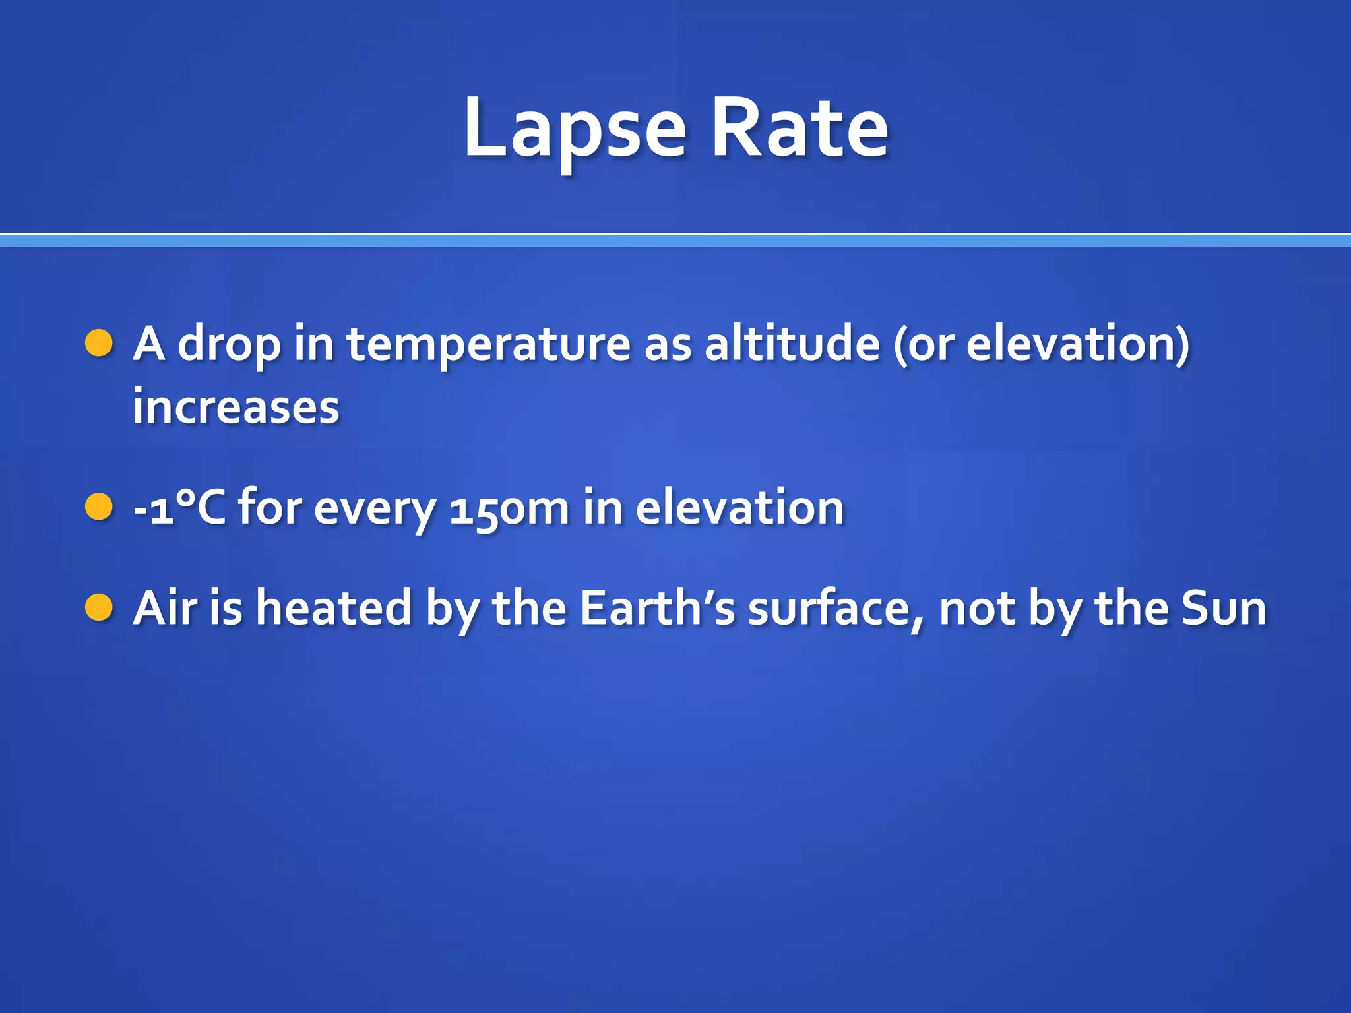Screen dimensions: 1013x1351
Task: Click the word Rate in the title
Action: [x=800, y=129]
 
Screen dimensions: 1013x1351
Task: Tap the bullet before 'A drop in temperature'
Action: [x=100, y=344]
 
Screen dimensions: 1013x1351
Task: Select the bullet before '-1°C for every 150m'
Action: [x=100, y=507]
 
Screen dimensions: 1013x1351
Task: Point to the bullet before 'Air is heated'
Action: [x=100, y=607]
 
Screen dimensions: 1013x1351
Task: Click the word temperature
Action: [x=489, y=345]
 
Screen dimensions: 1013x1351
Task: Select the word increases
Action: [x=236, y=406]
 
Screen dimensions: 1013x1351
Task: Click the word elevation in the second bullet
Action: [x=739, y=507]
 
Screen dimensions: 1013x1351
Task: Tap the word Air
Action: [x=165, y=607]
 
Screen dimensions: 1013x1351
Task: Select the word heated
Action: [x=334, y=607]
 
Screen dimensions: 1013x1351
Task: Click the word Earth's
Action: [x=657, y=607]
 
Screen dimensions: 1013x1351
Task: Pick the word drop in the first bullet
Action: [x=230, y=345]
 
